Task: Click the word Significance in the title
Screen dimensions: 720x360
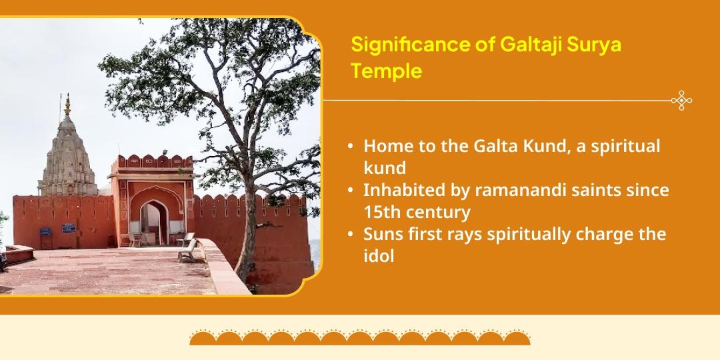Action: click(x=410, y=45)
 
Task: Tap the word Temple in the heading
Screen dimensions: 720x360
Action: click(x=386, y=71)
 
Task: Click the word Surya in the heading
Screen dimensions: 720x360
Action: click(x=594, y=46)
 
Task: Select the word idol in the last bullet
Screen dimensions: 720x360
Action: click(x=379, y=256)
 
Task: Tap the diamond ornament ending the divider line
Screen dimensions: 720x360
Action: click(x=681, y=100)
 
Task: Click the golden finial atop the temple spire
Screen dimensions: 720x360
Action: click(x=67, y=105)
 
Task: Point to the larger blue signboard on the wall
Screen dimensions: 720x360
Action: click(x=69, y=228)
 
